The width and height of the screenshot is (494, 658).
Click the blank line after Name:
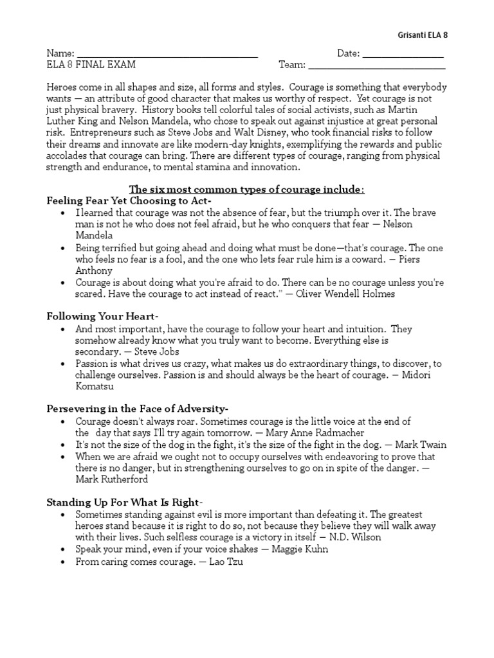[x=167, y=55]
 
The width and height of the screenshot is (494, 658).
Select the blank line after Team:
[x=377, y=66]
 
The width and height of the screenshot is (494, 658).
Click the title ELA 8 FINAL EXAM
[x=91, y=65]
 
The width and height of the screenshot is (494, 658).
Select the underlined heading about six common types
[x=247, y=190]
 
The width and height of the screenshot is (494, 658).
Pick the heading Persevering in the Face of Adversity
[x=137, y=408]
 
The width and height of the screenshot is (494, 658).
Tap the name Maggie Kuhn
[x=300, y=549]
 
